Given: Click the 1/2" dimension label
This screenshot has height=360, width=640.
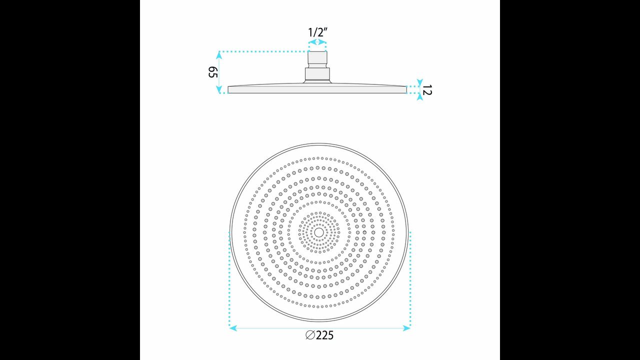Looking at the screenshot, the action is pos(317,32).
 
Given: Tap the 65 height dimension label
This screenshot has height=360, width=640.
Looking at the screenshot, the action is pos(213,72).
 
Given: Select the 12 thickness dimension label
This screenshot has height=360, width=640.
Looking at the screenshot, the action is pos(427,89).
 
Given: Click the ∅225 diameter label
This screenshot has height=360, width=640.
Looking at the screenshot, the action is pos(319,335).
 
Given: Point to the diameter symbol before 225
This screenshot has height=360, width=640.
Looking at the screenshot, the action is pos(310,335).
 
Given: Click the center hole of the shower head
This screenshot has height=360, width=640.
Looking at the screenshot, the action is pos(319,232).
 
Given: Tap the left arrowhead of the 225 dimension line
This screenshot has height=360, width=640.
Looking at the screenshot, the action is pos(233,328).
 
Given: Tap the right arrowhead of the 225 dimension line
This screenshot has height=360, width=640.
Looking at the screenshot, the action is pos(406,328).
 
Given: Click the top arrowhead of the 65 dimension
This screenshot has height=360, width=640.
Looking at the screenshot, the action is pos(219,55).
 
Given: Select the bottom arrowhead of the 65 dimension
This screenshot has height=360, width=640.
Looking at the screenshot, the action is pos(219,89).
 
